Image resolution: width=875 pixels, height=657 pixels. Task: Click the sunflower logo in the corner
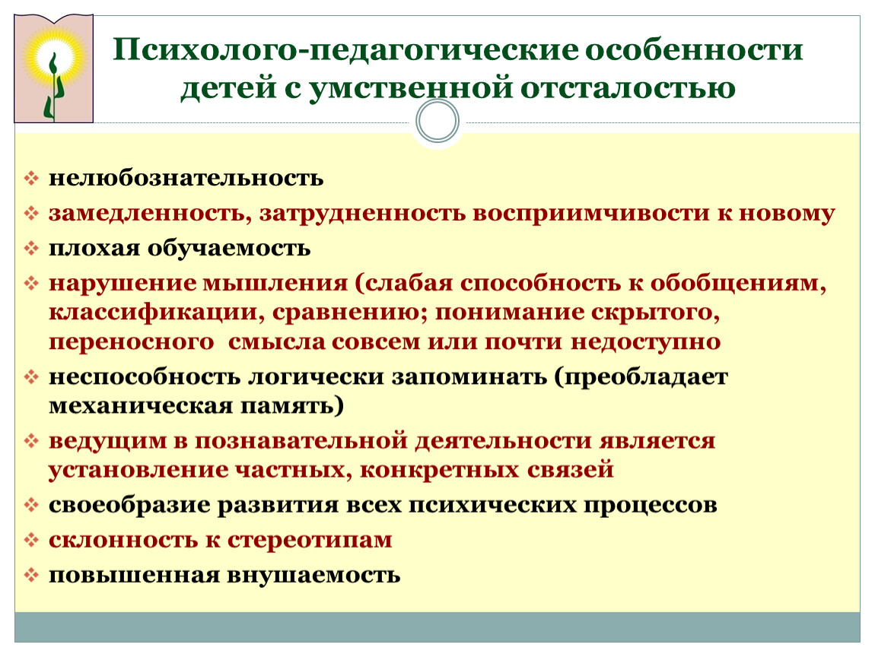(53, 68)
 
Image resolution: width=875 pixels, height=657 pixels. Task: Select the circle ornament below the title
(437, 121)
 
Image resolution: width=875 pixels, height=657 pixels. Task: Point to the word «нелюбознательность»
(186, 178)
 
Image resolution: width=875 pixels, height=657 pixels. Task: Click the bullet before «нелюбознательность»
(31, 179)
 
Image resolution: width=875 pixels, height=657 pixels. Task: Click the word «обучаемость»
(229, 248)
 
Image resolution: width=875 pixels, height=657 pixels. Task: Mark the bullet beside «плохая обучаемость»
(31, 248)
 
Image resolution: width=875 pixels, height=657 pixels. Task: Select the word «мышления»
(275, 284)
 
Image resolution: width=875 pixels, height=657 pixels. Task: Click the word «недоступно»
(646, 341)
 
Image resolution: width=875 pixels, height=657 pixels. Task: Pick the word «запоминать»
(469, 377)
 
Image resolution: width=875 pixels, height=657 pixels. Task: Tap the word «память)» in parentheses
(292, 406)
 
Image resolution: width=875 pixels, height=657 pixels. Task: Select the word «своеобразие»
(129, 506)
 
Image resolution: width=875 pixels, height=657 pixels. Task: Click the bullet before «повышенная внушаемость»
(31, 575)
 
